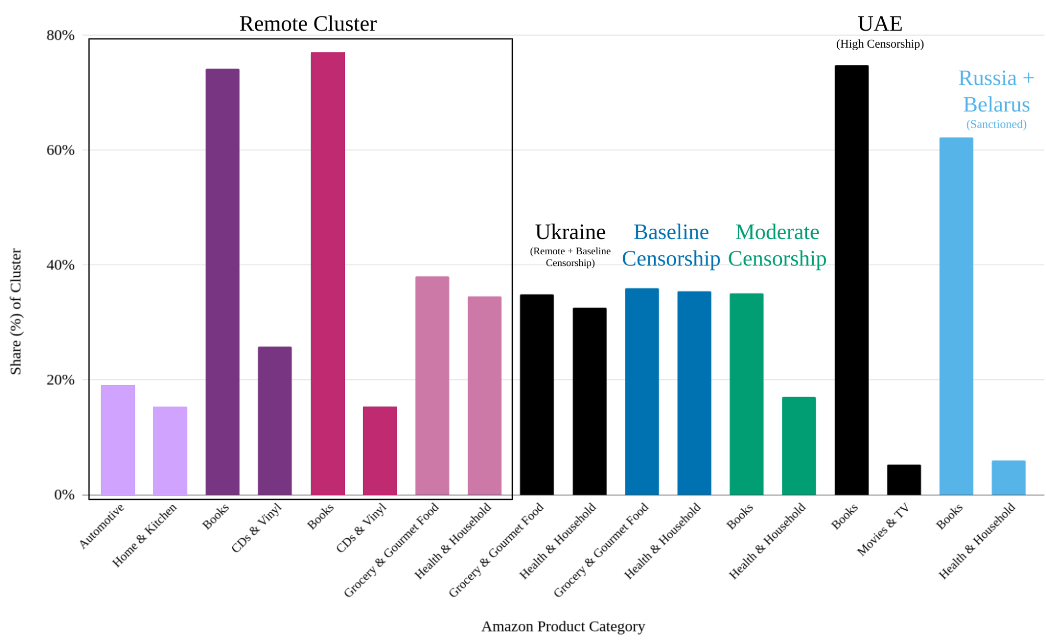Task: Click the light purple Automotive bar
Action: [118, 440]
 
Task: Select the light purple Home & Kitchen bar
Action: [170, 450]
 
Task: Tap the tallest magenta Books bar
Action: [328, 272]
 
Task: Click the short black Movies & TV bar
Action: [904, 479]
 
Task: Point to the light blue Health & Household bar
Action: [1008, 477]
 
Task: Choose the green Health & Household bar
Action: [798, 445]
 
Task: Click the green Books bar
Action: [746, 393]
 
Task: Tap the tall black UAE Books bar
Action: [851, 279]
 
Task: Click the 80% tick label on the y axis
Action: [60, 36]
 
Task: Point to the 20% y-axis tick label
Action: [60, 380]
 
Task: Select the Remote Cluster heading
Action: [308, 24]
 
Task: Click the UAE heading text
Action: [880, 24]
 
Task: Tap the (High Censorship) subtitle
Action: [880, 44]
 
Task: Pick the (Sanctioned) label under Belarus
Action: [996, 125]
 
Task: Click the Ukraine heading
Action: [570, 232]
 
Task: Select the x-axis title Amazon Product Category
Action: [563, 626]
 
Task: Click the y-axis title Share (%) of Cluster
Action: [16, 311]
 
